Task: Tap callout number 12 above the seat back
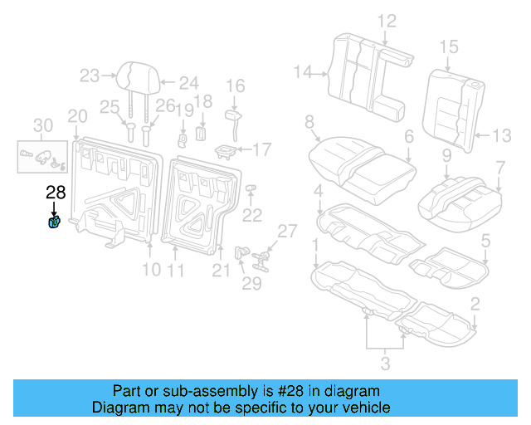tap(387, 21)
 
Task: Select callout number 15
tap(449, 46)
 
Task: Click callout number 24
tap(189, 82)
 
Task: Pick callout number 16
tap(236, 85)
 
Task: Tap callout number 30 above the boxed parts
tap(41, 125)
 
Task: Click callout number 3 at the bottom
tap(384, 362)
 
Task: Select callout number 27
tap(286, 231)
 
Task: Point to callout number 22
tap(251, 216)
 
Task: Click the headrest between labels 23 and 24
tap(138, 76)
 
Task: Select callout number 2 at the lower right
tap(474, 303)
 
